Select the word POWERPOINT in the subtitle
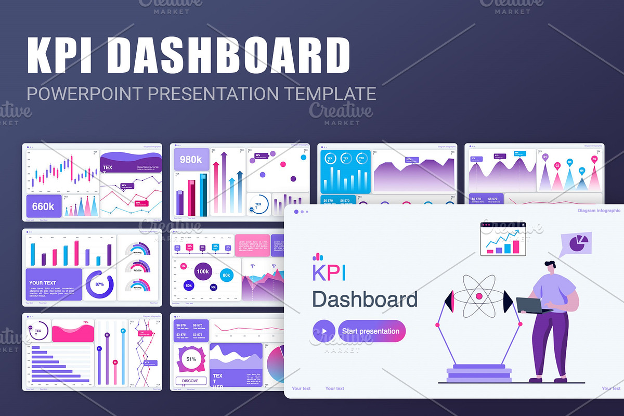[x=85, y=94]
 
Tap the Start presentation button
[x=371, y=331]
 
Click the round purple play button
[x=324, y=331]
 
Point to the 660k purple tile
[x=44, y=206]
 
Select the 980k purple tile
[x=191, y=160]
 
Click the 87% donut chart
[x=99, y=284]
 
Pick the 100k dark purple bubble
[x=202, y=271]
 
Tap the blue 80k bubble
[x=226, y=275]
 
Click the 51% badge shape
[x=191, y=359]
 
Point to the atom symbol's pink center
[x=479, y=296]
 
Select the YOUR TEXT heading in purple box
[x=43, y=283]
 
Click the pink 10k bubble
[x=184, y=266]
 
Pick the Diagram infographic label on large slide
[x=599, y=211]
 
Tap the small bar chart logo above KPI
[x=318, y=257]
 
